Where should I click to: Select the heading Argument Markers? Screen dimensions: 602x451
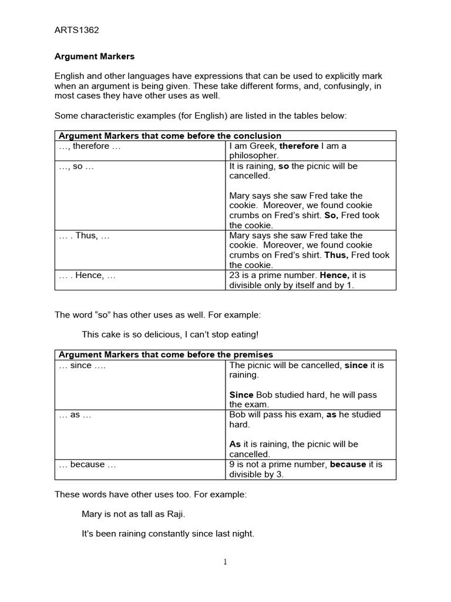pyautogui.click(x=95, y=56)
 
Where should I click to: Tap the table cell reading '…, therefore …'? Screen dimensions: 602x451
pyautogui.click(x=90, y=146)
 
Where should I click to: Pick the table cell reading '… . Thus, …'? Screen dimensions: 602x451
pyautogui.click(x=85, y=235)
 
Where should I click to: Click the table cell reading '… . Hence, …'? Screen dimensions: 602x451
pyautogui.click(x=87, y=275)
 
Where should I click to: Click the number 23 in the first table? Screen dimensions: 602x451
pyautogui.click(x=234, y=275)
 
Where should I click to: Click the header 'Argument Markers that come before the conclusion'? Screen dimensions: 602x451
pyautogui.click(x=168, y=136)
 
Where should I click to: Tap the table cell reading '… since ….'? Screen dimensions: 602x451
pyautogui.click(x=83, y=365)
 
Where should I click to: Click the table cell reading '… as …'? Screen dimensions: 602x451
pyautogui.click(x=75, y=414)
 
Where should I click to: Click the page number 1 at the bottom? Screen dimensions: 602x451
pyautogui.click(x=225, y=561)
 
